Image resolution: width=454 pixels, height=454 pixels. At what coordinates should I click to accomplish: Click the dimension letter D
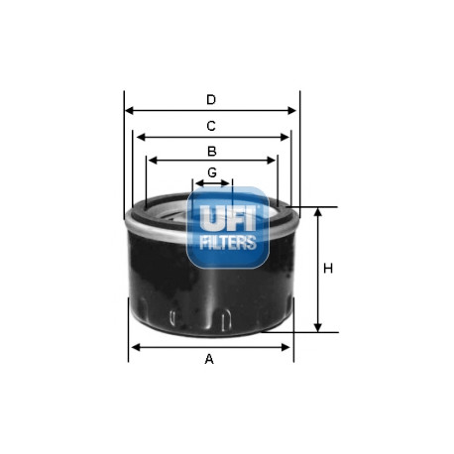(211, 99)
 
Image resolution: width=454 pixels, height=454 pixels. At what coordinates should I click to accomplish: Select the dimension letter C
(211, 126)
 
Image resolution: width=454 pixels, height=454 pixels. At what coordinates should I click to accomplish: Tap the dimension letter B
(212, 151)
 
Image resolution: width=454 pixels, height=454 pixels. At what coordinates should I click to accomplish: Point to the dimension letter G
(212, 172)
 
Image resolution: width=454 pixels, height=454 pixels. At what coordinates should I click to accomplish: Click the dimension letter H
(328, 269)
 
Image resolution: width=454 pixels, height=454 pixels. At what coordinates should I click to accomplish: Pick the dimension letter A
(209, 359)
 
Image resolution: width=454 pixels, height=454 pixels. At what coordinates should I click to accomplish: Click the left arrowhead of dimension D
(130, 111)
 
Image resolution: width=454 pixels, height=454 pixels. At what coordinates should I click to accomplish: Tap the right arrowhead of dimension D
(291, 111)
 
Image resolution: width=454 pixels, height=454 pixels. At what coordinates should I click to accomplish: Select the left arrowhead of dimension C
(141, 137)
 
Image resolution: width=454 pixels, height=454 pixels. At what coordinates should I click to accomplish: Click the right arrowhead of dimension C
(284, 137)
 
